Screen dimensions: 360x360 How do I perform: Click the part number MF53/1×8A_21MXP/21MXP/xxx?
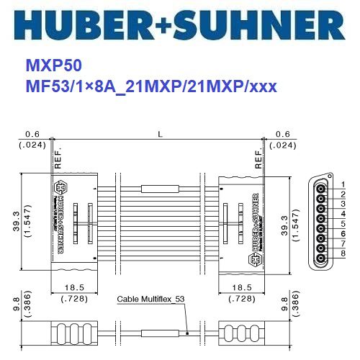pyautogui.click(x=151, y=86)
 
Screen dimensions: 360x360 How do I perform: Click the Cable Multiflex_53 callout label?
pyautogui.click(x=149, y=299)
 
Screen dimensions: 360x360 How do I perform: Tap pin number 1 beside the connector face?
pyautogui.click(x=344, y=185)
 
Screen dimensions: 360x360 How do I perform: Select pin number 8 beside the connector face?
pyautogui.click(x=344, y=253)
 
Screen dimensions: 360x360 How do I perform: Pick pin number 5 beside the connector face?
pyautogui.click(x=344, y=224)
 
